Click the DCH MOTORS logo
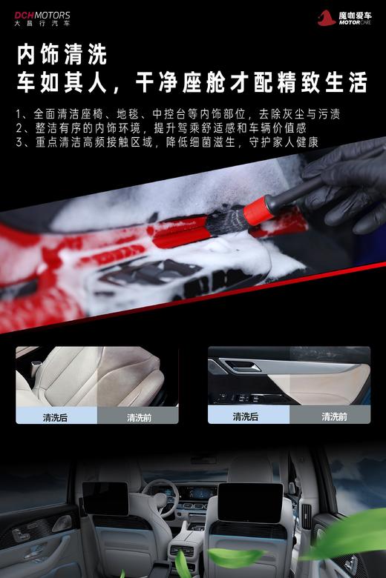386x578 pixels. (x=42, y=14)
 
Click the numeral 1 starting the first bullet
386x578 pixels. (x=19, y=115)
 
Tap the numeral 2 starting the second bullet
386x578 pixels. (x=19, y=128)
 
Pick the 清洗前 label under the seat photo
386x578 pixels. (x=139, y=417)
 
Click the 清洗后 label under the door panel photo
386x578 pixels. (x=246, y=416)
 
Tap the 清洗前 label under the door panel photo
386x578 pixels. (x=334, y=416)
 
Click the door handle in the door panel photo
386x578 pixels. (x=242, y=366)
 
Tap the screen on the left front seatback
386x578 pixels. (x=105, y=498)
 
